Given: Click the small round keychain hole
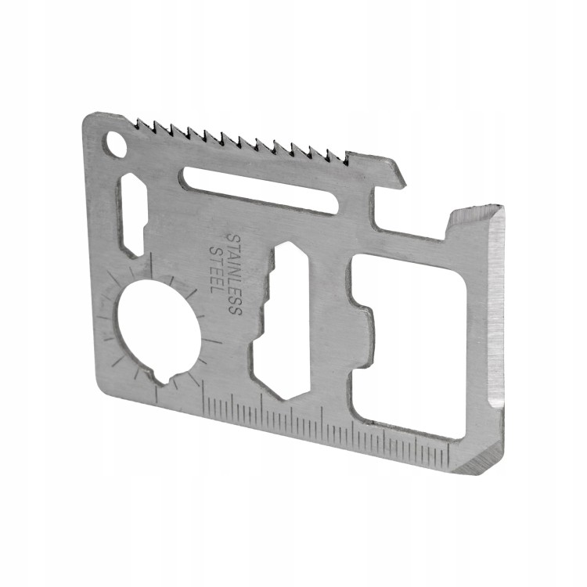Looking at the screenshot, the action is coord(116,142).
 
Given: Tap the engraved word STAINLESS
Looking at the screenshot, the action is coord(235,274).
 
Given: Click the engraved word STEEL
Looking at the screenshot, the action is coord(216,269).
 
